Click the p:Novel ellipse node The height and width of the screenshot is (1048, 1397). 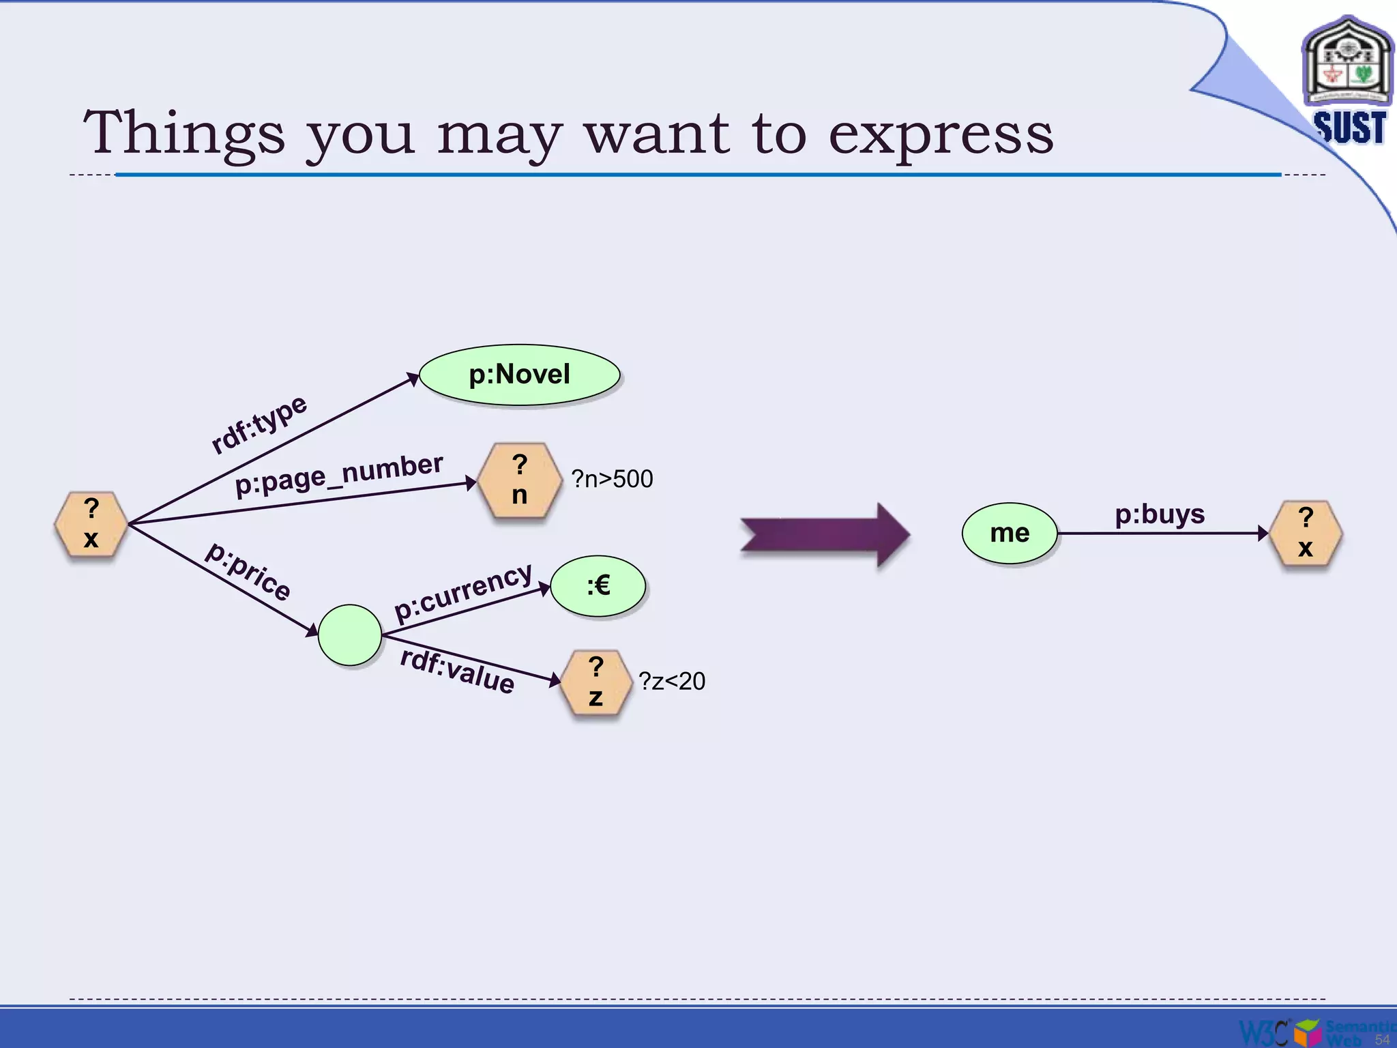519,375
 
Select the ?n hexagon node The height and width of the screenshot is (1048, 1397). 520,480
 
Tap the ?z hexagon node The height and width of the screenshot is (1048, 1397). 595,682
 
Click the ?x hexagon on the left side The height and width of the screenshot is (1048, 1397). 91,524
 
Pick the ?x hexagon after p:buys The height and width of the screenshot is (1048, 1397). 1305,533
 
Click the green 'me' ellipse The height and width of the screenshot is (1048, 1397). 1010,533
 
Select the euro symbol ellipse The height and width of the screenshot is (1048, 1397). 598,585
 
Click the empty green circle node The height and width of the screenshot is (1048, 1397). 349,635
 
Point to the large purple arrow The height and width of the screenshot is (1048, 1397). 825,534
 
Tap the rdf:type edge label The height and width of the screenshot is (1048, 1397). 259,424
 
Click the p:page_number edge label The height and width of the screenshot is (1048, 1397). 339,474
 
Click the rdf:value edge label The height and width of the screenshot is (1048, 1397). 457,671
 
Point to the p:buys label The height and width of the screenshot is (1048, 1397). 1160,514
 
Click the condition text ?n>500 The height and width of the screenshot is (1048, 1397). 612,479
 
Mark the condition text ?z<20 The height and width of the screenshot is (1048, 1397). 672,681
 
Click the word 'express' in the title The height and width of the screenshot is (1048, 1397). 941,134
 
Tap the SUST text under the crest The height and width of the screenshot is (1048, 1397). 1350,128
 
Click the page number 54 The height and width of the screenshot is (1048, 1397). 1382,1039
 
